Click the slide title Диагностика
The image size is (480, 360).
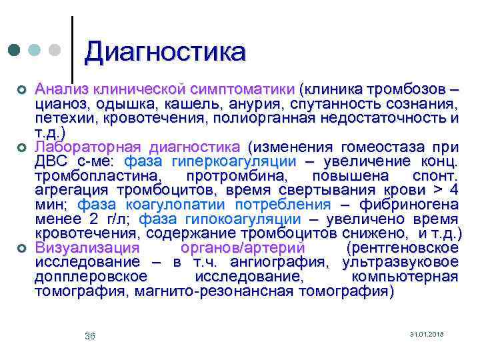pyautogui.click(x=165, y=51)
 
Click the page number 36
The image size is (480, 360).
pyautogui.click(x=90, y=336)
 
